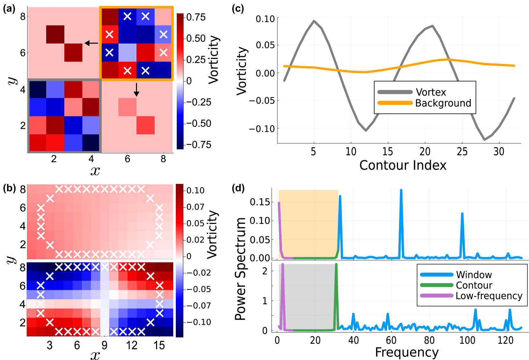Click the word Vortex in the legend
tap(431, 92)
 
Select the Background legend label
tap(443, 103)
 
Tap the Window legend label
tap(474, 275)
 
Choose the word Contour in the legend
tap(474, 285)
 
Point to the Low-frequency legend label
tap(489, 296)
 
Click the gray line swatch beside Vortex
tap(395, 92)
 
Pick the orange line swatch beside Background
tap(395, 103)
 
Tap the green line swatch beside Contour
tap(437, 285)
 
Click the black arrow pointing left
tap(91, 43)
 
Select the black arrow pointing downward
tap(136, 90)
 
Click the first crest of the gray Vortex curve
tap(314, 21)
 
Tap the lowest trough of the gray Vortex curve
tap(484, 139)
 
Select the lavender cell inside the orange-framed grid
tap(127, 53)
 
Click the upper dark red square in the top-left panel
tap(55, 34)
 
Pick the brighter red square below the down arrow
tap(146, 125)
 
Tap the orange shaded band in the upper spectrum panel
tap(308, 223)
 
